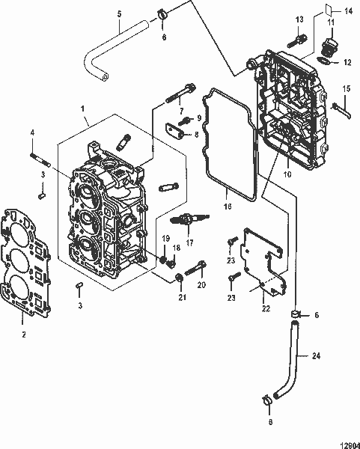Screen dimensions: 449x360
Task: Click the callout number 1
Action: pos(83,108)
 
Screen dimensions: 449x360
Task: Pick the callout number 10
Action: pos(287,174)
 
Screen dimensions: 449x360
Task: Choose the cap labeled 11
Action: pos(327,46)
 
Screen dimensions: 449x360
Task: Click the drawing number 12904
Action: pos(341,442)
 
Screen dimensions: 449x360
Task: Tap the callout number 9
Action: pos(199,118)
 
